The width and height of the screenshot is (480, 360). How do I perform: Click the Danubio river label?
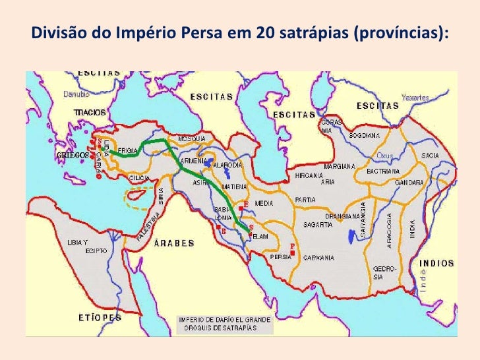[76, 94]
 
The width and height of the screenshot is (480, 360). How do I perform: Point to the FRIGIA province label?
[127, 151]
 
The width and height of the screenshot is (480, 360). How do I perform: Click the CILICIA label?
[138, 177]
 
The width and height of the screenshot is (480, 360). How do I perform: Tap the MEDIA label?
[264, 202]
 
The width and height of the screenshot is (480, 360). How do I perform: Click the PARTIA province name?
[305, 199]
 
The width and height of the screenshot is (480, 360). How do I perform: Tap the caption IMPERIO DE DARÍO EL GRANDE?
[225, 320]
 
